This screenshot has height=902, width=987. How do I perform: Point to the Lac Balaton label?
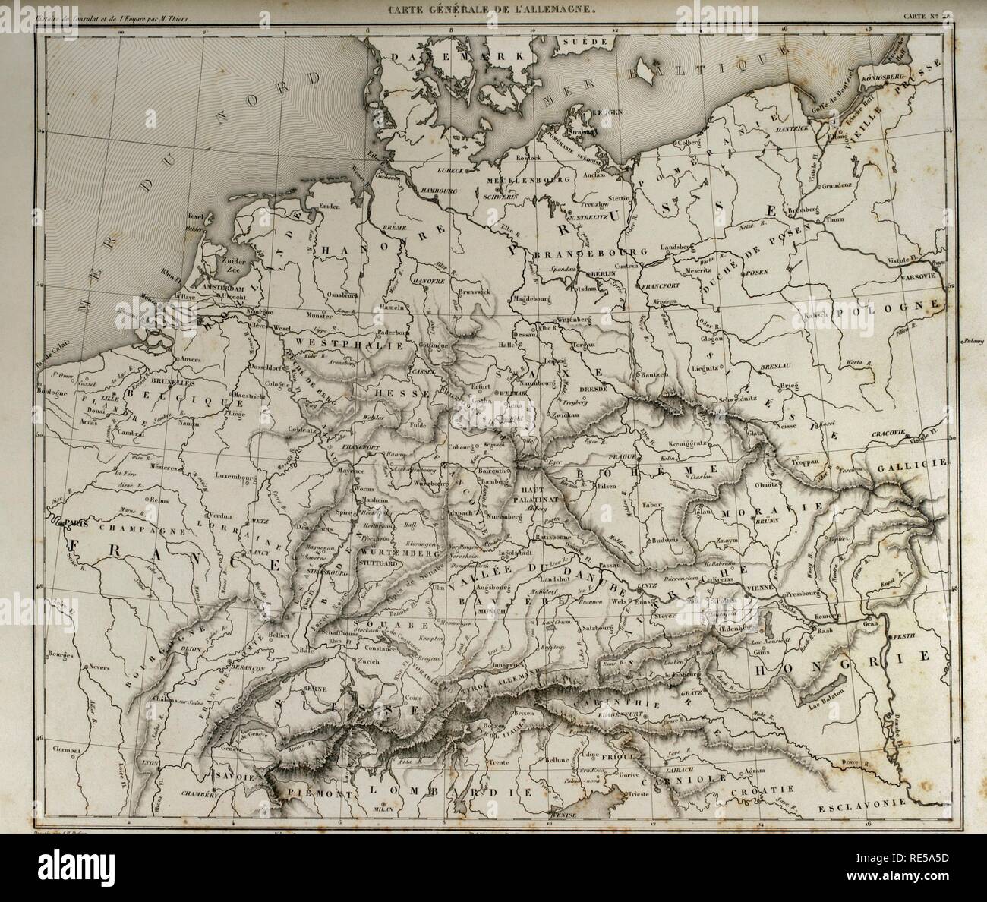(853, 708)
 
